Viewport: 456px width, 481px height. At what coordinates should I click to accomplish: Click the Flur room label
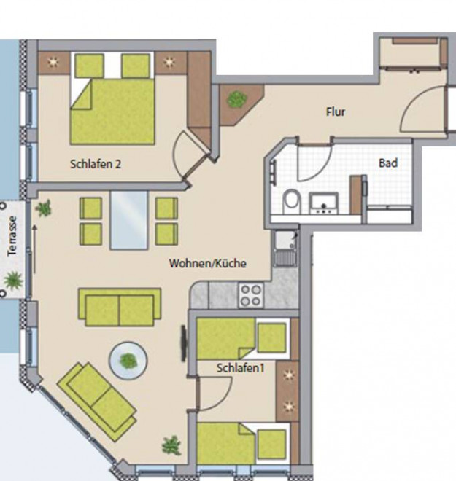click(336, 112)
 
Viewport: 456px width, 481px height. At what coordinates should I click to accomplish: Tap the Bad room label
click(388, 163)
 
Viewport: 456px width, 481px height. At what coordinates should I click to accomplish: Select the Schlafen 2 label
click(96, 164)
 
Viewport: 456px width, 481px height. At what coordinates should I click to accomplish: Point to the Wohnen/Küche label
click(208, 263)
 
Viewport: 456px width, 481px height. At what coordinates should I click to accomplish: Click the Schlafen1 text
click(241, 368)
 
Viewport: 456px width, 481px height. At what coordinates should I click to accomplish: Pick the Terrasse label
click(12, 236)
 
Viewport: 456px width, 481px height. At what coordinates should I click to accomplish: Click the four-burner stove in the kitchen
click(251, 295)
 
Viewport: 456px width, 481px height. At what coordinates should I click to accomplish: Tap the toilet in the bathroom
click(291, 201)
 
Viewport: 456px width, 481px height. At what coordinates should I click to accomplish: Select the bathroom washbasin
click(324, 203)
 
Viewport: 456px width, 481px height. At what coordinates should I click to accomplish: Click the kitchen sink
click(286, 249)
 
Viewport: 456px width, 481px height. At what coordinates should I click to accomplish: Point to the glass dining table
click(129, 220)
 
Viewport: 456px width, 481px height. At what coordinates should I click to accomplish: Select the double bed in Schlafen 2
click(112, 98)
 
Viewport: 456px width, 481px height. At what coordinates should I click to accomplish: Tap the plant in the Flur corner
click(236, 99)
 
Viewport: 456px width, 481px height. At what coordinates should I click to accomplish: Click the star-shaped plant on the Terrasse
click(13, 280)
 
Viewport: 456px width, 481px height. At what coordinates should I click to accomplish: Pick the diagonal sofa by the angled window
click(97, 402)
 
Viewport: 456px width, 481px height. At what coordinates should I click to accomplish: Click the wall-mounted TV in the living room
click(184, 343)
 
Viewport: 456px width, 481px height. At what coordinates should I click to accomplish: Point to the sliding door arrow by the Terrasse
click(35, 249)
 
